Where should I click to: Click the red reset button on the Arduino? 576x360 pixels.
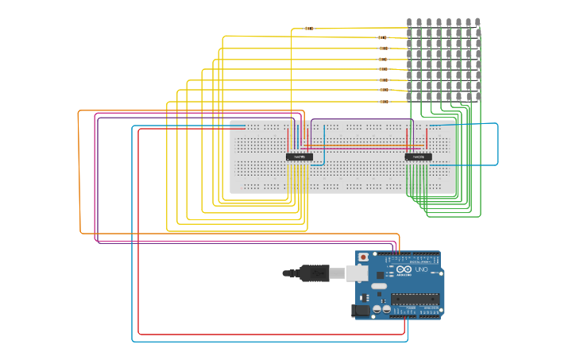[363, 257]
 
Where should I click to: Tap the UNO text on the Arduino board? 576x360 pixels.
[421, 270]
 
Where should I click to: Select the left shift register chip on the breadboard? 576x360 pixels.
[300, 157]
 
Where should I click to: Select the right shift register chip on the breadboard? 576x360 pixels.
[418, 157]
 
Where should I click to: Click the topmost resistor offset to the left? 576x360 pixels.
[309, 29]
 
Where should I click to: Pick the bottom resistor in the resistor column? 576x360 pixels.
[384, 101]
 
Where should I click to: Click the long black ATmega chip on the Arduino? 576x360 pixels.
[414, 299]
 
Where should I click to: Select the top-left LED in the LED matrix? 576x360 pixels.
[409, 23]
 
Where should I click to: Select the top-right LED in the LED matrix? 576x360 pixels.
[477, 23]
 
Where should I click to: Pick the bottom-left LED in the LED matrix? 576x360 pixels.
[409, 96]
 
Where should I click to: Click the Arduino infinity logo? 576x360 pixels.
[403, 270]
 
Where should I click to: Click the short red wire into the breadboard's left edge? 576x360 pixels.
[238, 129]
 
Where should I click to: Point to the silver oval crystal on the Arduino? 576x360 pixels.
[379, 285]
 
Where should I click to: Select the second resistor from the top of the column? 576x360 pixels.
[383, 37]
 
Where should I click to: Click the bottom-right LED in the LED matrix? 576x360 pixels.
[477, 96]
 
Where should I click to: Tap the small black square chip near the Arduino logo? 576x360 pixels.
[380, 275]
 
